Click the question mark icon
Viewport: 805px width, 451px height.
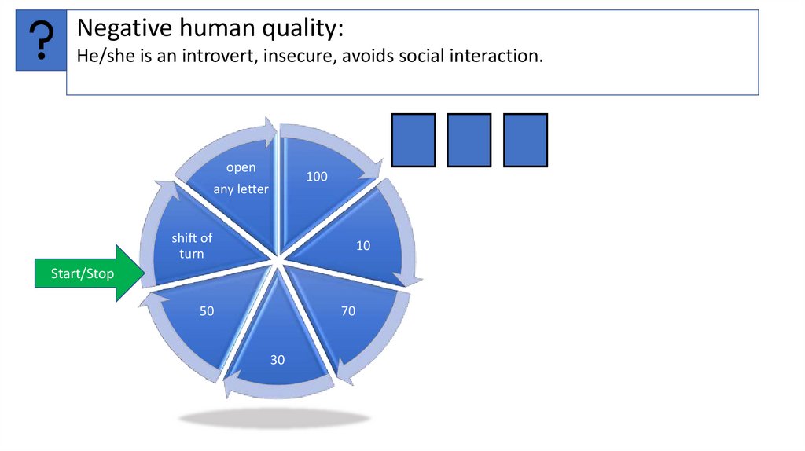click(x=41, y=40)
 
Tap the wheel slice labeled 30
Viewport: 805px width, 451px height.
click(x=277, y=350)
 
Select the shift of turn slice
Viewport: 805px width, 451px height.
click(x=197, y=244)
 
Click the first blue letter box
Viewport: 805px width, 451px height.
click(x=414, y=140)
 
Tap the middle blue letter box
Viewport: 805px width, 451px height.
click(x=469, y=140)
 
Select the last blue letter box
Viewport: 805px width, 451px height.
click(x=525, y=140)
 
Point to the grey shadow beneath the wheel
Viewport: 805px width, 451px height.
click(x=274, y=418)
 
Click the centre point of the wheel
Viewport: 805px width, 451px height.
click(x=277, y=260)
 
